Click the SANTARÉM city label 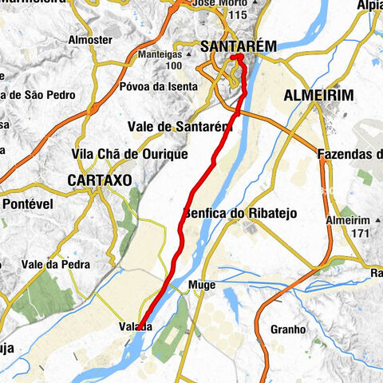[239, 47]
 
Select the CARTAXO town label [99, 180]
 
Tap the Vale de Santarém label [179, 126]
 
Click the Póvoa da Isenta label [155, 87]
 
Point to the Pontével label [27, 203]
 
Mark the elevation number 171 [360, 233]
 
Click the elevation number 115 [237, 15]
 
